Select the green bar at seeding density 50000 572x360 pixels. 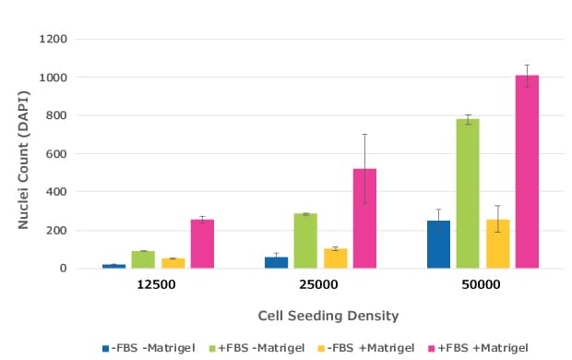pos(468,194)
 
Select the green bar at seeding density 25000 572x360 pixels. pos(305,241)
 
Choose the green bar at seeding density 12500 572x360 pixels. pos(143,259)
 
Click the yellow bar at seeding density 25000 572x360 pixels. pos(335,258)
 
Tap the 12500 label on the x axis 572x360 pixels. pos(157,285)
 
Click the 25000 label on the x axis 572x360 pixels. pos(319,285)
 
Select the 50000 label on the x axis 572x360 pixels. pos(482,285)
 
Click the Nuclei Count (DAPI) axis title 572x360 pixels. pos(26,152)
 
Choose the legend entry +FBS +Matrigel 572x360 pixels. pos(484,347)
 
